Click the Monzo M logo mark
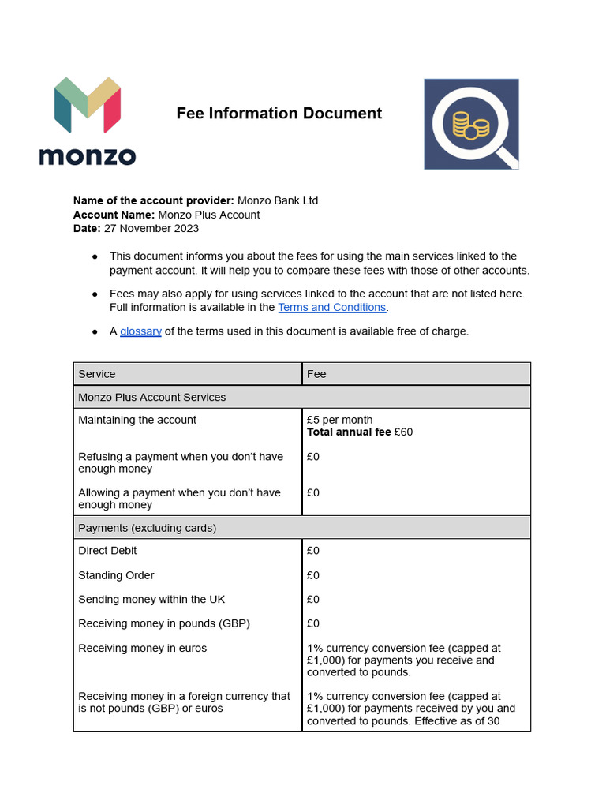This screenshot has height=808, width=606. click(87, 104)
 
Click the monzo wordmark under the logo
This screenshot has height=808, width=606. click(87, 155)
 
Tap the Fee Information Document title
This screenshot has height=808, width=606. click(279, 114)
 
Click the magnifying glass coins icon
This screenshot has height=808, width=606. click(471, 124)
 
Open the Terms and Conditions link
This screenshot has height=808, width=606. click(331, 307)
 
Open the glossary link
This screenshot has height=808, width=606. click(140, 331)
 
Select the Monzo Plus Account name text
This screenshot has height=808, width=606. click(208, 215)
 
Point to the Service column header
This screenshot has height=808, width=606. click(97, 374)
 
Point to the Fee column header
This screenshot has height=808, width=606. click(316, 374)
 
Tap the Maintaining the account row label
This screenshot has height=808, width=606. click(137, 420)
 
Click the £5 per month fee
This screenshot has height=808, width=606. click(339, 420)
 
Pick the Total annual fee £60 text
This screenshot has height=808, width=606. click(359, 432)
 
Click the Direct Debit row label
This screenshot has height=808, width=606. click(107, 551)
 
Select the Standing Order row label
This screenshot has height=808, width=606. click(116, 575)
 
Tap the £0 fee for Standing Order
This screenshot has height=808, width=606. click(313, 575)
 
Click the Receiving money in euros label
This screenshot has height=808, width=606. click(142, 648)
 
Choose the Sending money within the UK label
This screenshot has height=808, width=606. click(151, 600)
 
